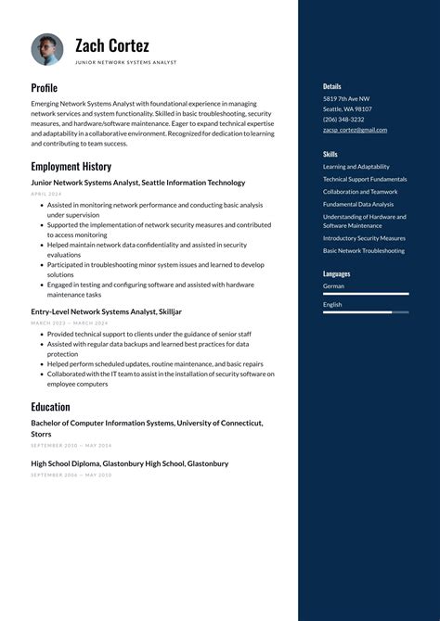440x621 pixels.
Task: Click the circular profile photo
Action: point(46,49)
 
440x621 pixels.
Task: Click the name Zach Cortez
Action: point(111,45)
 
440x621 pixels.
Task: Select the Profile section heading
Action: point(44,88)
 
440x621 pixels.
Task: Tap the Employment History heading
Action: point(71,167)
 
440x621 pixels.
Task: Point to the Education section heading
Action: point(50,407)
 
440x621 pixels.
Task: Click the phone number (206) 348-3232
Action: point(343,120)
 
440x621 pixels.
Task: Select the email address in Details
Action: point(355,130)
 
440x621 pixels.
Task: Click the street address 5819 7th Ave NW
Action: point(346,98)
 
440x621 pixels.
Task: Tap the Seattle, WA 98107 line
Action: point(347,108)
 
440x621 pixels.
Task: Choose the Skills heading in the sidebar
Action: point(330,154)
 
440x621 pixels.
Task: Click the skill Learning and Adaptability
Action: point(356,167)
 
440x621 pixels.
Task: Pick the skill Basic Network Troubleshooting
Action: point(364,251)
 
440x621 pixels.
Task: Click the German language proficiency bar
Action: point(366,294)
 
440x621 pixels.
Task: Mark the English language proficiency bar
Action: point(366,312)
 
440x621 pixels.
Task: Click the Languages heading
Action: point(337,274)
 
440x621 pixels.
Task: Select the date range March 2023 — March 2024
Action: point(69,323)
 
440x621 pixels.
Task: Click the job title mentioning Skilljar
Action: point(106,312)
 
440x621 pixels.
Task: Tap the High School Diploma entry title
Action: point(129,463)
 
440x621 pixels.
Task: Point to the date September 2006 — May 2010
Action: point(71,475)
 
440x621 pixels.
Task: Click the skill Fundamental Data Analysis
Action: point(358,204)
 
